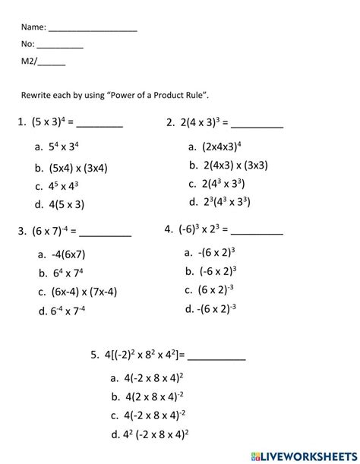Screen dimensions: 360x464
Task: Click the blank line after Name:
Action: tap(92, 29)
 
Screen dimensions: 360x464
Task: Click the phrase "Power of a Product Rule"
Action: tap(158, 95)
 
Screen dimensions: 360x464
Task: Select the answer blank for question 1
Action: tap(99, 123)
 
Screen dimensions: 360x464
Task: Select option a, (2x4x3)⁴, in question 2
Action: tap(221, 146)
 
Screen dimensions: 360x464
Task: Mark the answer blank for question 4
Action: tap(257, 230)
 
